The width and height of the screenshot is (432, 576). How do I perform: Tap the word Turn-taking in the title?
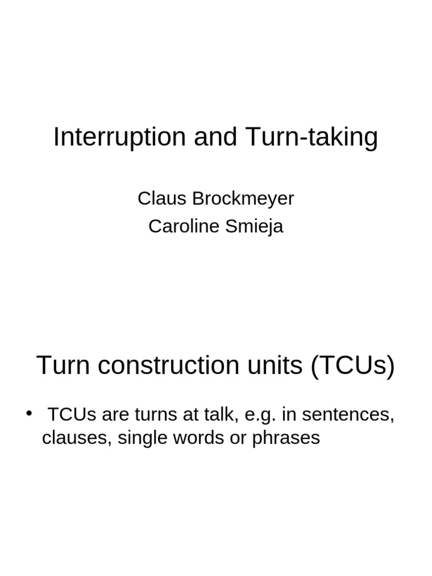pos(311,137)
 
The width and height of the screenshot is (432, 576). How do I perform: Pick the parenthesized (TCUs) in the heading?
pos(352,366)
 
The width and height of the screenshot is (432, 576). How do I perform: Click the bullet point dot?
pos(29,415)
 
